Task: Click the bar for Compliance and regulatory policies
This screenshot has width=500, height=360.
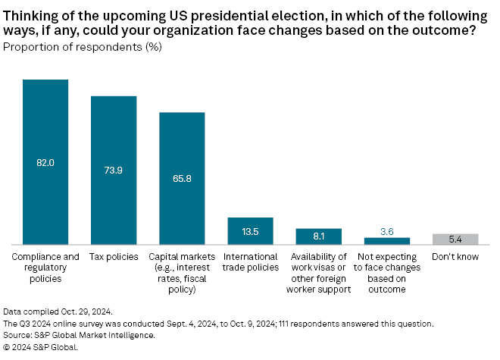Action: [45, 161]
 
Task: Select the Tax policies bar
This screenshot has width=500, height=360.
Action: [114, 170]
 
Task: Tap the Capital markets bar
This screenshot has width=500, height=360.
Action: [182, 178]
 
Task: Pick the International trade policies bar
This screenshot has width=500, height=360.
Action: [250, 230]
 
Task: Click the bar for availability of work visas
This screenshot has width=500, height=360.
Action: [318, 236]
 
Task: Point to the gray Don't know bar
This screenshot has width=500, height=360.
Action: [455, 239]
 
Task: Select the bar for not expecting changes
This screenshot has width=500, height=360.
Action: [386, 241]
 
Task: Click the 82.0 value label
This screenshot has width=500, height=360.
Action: [45, 162]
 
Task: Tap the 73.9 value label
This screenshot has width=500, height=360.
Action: [114, 171]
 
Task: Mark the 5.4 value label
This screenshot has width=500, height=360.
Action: [455, 239]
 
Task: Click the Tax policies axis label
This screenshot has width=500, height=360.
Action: [114, 257]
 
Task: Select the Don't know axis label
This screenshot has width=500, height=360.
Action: [455, 257]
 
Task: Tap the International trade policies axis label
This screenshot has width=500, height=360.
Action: [250, 262]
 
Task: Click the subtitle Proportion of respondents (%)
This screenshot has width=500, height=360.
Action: [83, 47]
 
